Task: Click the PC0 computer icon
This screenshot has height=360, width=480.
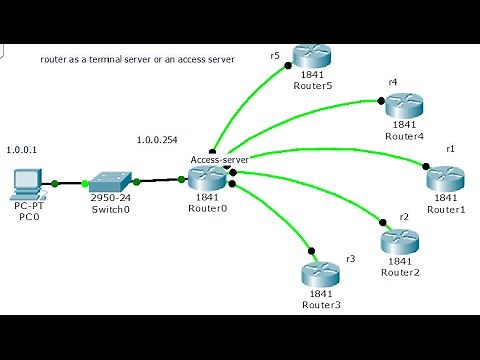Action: pyautogui.click(x=27, y=183)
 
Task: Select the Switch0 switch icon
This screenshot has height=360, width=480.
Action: pyautogui.click(x=105, y=183)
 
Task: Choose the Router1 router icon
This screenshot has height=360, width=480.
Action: pyautogui.click(x=445, y=181)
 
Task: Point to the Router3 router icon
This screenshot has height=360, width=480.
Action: pyautogui.click(x=320, y=272)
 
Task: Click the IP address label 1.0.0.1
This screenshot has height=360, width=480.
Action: pyautogui.click(x=20, y=149)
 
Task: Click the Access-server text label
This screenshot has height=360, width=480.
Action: pyautogui.click(x=218, y=159)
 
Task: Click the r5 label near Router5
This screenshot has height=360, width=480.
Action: pyautogui.click(x=275, y=57)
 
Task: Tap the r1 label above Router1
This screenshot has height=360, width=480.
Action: pyautogui.click(x=451, y=148)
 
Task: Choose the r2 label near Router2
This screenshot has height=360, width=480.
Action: pyautogui.click(x=404, y=217)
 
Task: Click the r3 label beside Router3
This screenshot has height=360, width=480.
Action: pyautogui.click(x=350, y=259)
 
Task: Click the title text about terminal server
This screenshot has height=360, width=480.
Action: pyautogui.click(x=137, y=59)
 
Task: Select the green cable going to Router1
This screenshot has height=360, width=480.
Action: pyautogui.click(x=340, y=164)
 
